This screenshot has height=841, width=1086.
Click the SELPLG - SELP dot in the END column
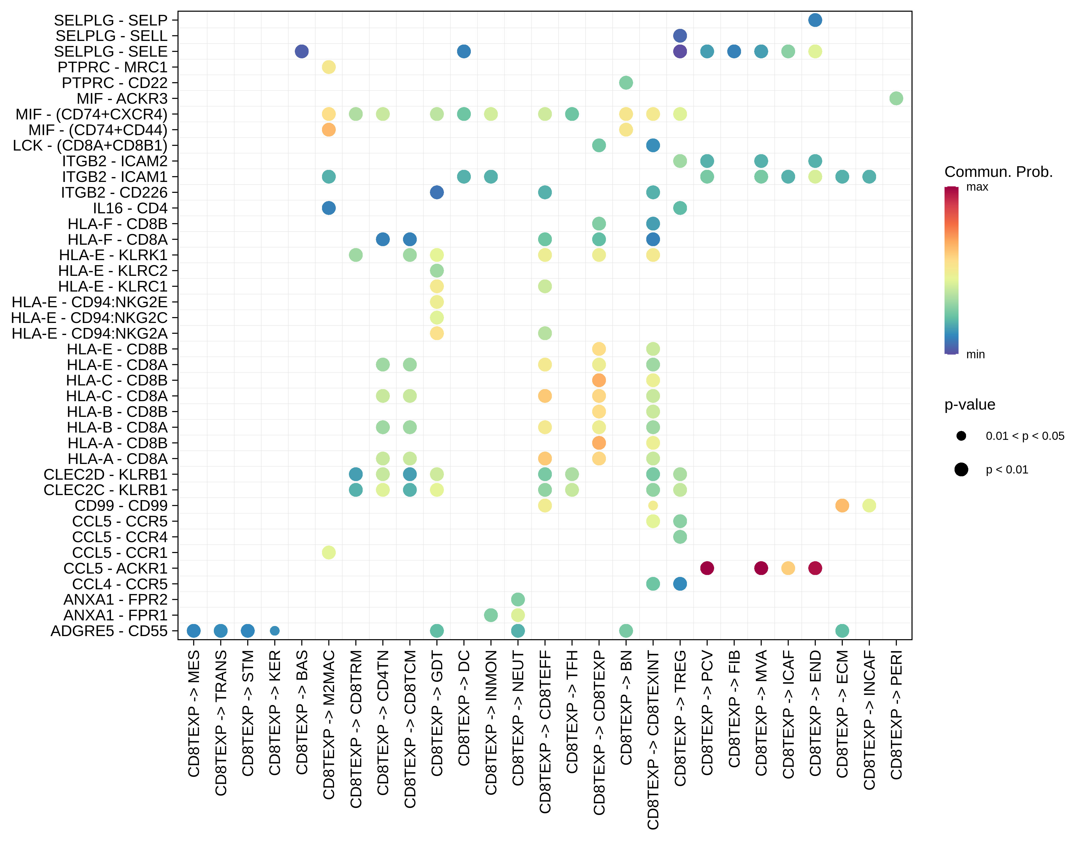(x=814, y=20)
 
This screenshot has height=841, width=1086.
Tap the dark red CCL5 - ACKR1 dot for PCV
(x=707, y=568)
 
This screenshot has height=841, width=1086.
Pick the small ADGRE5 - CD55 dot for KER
(x=274, y=631)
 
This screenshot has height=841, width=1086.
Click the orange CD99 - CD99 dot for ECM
(x=841, y=505)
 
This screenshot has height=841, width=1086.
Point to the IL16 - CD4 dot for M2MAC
(x=328, y=208)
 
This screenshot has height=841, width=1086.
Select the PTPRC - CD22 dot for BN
(x=626, y=83)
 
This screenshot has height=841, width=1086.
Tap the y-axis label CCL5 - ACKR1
(x=115, y=568)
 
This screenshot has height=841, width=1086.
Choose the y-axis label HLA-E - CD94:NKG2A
(x=89, y=333)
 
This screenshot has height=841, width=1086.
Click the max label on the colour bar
(x=977, y=187)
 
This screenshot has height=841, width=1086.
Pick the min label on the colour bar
(x=975, y=354)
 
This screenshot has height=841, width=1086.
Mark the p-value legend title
(x=969, y=404)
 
